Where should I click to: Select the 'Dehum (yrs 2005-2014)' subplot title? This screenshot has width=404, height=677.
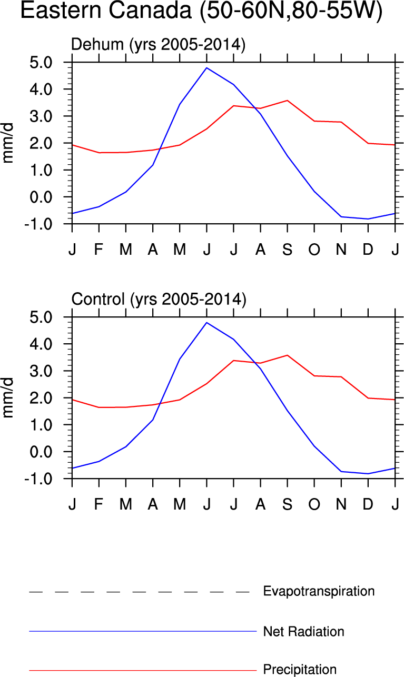tap(159, 45)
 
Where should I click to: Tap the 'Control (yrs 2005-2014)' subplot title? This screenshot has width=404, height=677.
tap(159, 300)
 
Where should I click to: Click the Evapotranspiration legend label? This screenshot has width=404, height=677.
tap(319, 591)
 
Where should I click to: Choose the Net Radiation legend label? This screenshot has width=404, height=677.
tap(303, 631)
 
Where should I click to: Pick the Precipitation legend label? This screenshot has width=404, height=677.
tap(300, 670)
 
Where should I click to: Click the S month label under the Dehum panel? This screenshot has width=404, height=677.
tap(287, 250)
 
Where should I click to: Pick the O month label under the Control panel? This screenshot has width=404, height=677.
tap(314, 504)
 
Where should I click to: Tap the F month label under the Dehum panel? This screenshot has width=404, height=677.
tap(98, 250)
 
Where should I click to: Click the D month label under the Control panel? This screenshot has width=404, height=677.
tap(368, 504)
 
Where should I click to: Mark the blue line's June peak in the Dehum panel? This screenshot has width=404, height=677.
tap(206, 68)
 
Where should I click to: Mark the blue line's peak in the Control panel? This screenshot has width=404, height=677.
tap(206, 323)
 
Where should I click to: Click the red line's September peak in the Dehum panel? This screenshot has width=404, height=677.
tap(287, 100)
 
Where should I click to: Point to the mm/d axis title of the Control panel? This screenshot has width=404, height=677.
tap(9, 398)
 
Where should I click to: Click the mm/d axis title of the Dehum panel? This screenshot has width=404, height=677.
tap(9, 143)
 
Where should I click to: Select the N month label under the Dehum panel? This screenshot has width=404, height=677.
tap(341, 250)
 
